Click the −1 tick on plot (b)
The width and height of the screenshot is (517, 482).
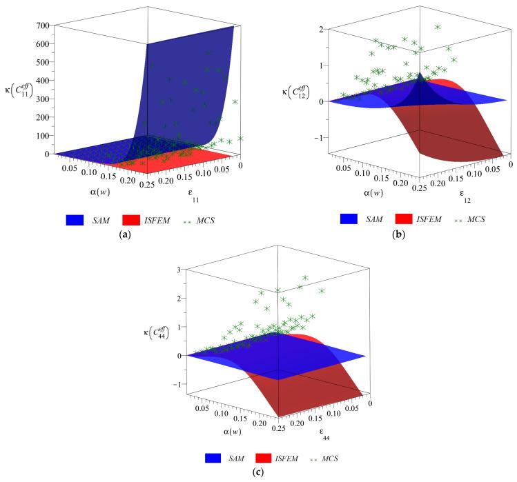[x=313, y=137]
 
